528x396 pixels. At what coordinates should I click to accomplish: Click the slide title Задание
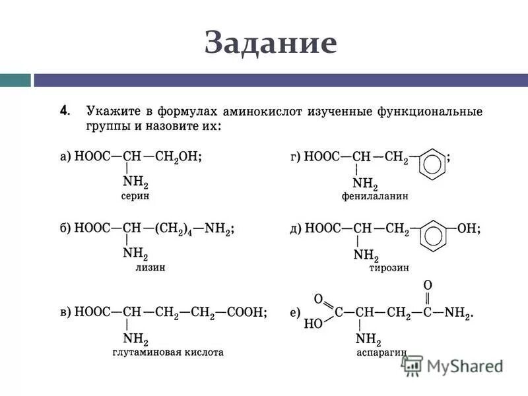pyautogui.click(x=271, y=43)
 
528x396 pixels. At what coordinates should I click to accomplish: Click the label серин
pyautogui.click(x=135, y=196)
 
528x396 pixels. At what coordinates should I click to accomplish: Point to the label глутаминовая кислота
pyautogui.click(x=168, y=352)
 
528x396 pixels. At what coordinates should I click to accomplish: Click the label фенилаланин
pyautogui.click(x=375, y=196)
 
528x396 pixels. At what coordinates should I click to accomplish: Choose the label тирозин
pyautogui.click(x=389, y=268)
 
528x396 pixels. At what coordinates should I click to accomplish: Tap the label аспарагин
pyautogui.click(x=381, y=353)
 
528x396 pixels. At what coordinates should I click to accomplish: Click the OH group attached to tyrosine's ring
pyautogui.click(x=467, y=229)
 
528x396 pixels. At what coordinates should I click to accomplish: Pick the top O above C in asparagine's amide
pyautogui.click(x=427, y=285)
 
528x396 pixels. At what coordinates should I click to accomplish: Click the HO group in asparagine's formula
pyautogui.click(x=313, y=325)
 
